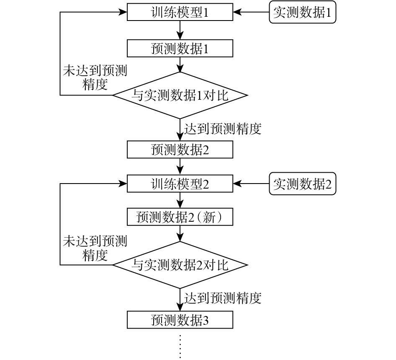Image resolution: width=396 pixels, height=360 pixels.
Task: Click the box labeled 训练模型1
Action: pos(180,13)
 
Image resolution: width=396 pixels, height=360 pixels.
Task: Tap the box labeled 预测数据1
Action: pos(180,49)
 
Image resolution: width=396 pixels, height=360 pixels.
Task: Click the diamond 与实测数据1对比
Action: pos(180,95)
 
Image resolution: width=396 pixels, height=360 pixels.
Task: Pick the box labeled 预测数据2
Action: pos(180,150)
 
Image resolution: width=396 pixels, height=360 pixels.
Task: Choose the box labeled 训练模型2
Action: pos(180,184)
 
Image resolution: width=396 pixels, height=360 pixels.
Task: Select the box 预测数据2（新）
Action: pos(180,217)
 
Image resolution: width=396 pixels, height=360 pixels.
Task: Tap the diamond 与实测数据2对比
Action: pos(180,265)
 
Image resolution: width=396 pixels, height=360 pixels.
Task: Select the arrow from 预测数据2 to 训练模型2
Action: pos(180,166)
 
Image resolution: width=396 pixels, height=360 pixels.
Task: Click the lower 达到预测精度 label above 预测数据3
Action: pos(222,298)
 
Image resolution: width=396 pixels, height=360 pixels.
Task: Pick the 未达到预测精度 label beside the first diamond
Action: pos(95,77)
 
